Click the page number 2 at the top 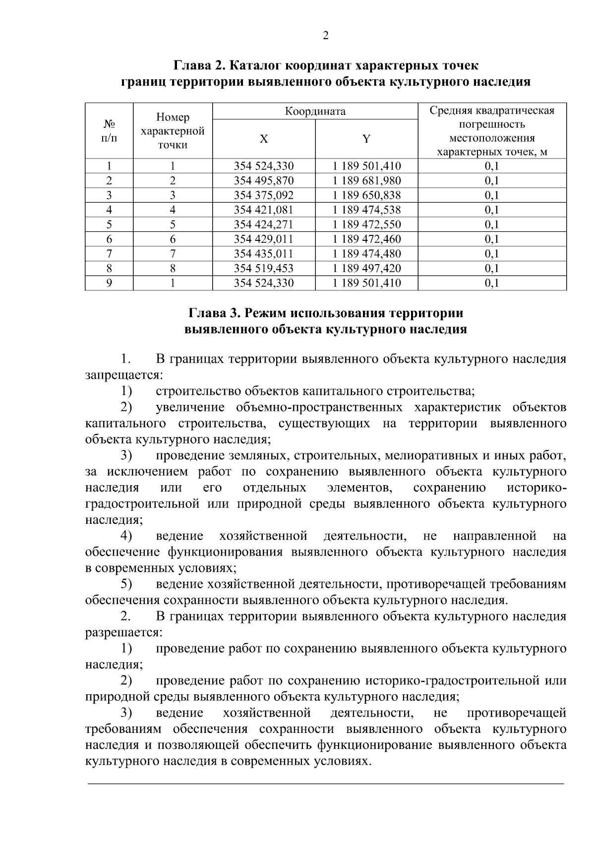[x=326, y=35]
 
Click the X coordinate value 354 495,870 [x=264, y=180]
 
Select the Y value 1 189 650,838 [x=366, y=195]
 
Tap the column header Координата [x=315, y=112]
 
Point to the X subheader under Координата [x=264, y=139]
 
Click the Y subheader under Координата [x=366, y=139]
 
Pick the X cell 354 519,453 [x=264, y=269]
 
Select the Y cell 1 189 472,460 [x=366, y=239]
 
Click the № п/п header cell [x=109, y=131]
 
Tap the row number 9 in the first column [x=109, y=283]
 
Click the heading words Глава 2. [x=196, y=65]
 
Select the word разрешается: [x=123, y=633]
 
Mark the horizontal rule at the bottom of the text [x=326, y=784]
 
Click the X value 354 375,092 [x=264, y=195]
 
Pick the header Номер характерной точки [x=173, y=131]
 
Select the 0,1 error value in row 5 [x=492, y=224]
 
